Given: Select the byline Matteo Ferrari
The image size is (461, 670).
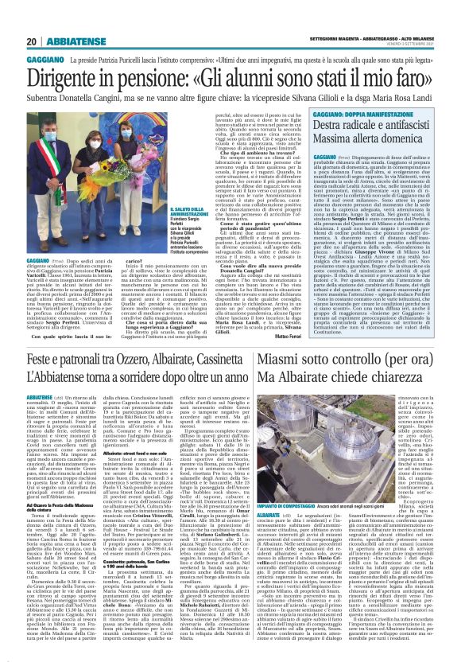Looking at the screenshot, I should [275, 314].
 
